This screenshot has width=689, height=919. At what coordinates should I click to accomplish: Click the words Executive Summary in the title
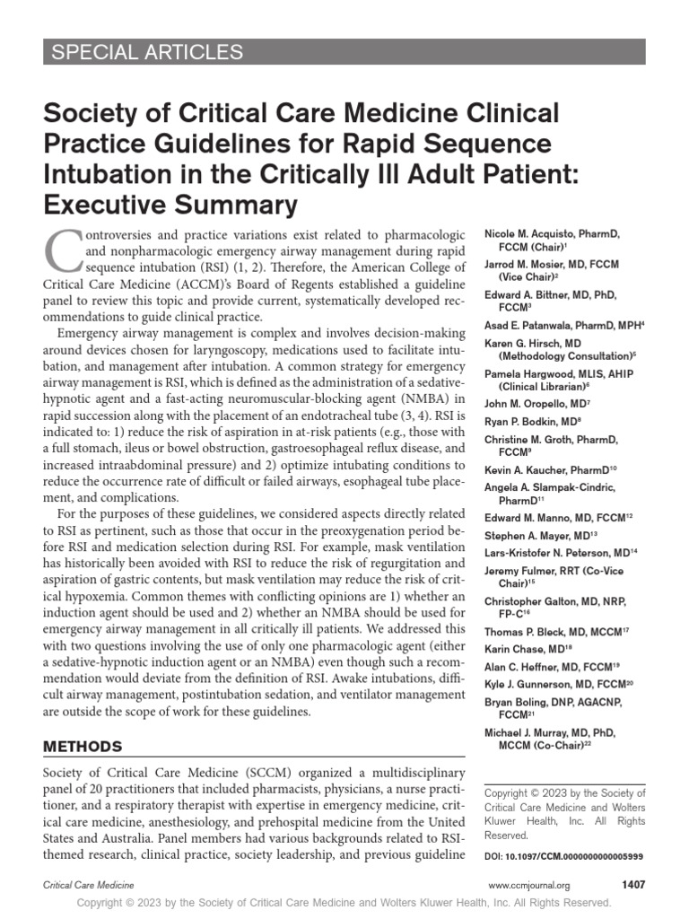point(170,204)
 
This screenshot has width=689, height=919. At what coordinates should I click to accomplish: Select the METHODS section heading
point(83,746)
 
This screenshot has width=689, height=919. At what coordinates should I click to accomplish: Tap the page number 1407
point(633,885)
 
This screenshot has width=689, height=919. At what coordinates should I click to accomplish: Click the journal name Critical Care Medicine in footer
point(88,886)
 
